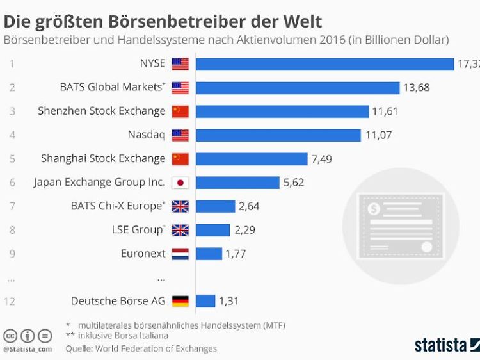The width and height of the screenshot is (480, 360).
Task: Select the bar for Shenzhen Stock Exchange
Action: pyautogui.click(x=282, y=111)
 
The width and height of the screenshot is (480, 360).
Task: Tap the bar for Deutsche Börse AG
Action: pyautogui.click(x=205, y=301)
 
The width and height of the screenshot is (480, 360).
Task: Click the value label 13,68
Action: pyautogui.click(x=416, y=88)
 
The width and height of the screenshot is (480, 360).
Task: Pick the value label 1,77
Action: pyautogui.click(x=235, y=254)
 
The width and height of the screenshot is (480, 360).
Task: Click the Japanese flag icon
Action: pyautogui.click(x=180, y=183)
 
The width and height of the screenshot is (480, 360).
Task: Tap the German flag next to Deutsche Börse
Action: pyautogui.click(x=180, y=301)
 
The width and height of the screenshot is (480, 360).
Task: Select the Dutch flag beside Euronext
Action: pyautogui.click(x=180, y=254)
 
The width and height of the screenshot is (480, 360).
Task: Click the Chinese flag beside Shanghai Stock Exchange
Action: pyautogui.click(x=180, y=159)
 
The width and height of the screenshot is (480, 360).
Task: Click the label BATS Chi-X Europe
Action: pyautogui.click(x=117, y=206)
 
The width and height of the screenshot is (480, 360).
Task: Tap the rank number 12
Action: pyautogui.click(x=10, y=301)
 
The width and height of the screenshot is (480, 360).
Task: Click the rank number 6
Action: pyautogui.click(x=12, y=183)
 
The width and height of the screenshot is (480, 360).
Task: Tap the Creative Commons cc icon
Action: pyautogui.click(x=10, y=336)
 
